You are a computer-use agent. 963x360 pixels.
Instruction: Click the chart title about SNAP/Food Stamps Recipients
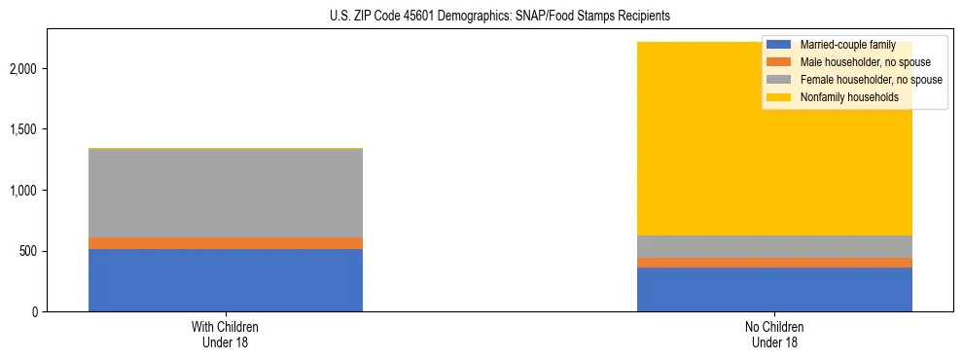pos(481,17)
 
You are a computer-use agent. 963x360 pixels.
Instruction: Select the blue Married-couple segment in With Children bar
pos(226,280)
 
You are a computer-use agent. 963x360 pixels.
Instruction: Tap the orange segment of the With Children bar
pos(226,243)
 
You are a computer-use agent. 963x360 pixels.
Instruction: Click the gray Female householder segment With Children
pos(226,193)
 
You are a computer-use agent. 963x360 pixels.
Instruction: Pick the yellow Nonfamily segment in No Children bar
pos(700,146)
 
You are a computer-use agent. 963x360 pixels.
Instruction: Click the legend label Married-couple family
pos(847,45)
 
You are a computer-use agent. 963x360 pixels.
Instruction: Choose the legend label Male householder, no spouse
pos(860,62)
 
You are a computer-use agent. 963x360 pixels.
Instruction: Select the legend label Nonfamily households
pos(843,97)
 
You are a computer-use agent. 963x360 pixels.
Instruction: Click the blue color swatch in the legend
pos(779,45)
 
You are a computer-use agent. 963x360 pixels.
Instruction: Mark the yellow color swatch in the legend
pos(779,97)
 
